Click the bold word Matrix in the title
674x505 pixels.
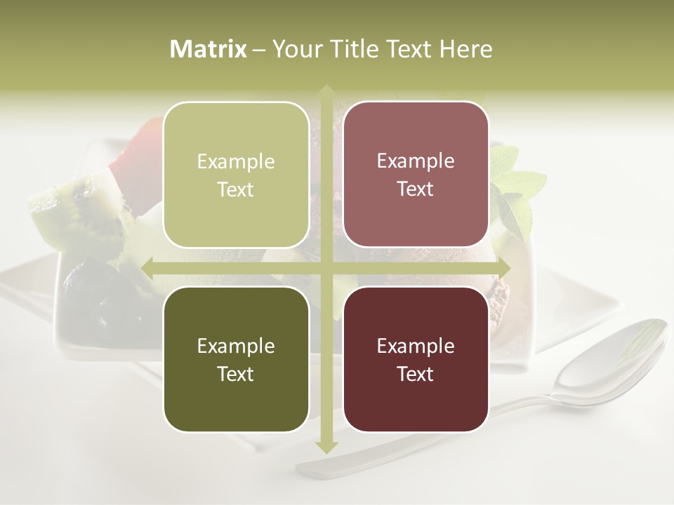pos(209,49)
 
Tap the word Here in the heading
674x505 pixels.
pos(465,49)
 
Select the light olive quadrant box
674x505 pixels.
pos(236,175)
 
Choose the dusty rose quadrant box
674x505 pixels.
pos(416,175)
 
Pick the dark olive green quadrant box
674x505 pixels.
pos(236,359)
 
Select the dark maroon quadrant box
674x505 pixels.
pos(416,359)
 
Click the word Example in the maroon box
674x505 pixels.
pos(416,346)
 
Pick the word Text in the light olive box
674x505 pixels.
pos(236,190)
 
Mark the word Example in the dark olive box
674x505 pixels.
pos(236,346)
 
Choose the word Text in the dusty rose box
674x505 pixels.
pos(416,189)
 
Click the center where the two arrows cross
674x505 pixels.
pos(326,268)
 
